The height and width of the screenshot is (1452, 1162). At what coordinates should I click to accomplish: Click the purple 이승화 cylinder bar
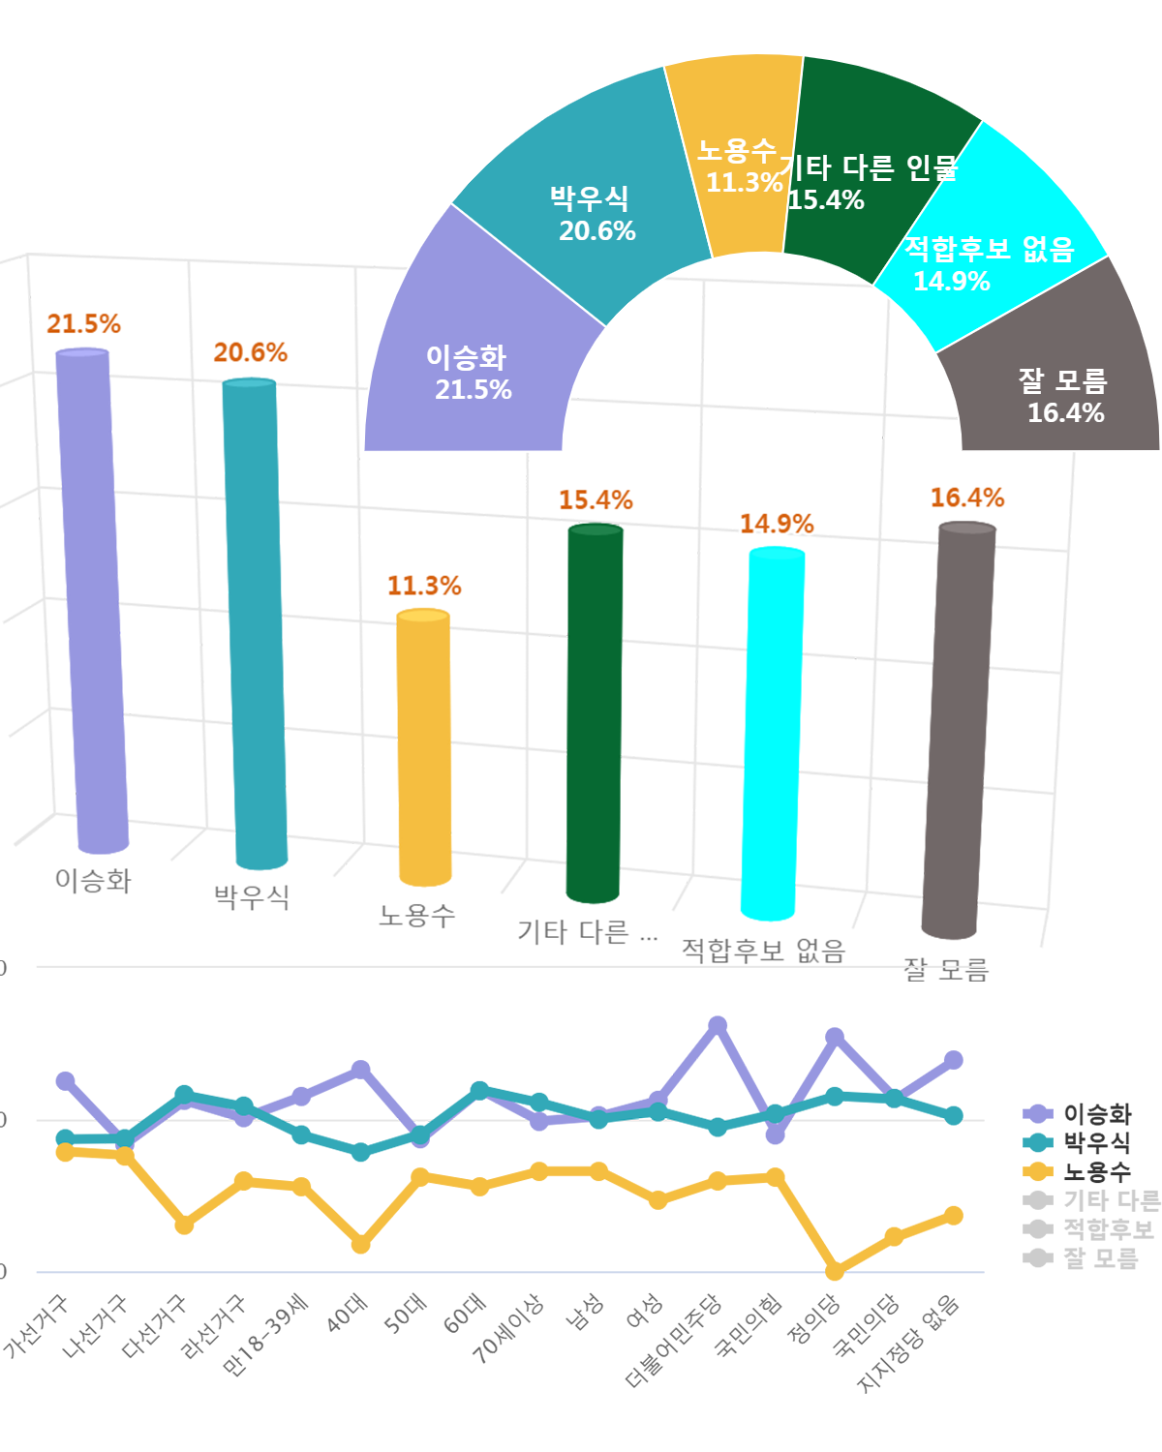[92, 600]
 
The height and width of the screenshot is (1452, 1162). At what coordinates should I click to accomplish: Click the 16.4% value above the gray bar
[966, 498]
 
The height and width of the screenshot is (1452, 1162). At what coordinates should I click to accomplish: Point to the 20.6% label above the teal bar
[250, 352]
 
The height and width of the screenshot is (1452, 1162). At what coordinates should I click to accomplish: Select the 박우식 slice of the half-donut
[581, 203]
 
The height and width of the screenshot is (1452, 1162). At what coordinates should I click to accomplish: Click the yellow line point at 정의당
[835, 1271]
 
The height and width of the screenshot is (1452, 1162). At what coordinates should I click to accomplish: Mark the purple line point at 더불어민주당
[718, 1026]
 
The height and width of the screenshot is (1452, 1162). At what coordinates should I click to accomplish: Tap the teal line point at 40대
[360, 1152]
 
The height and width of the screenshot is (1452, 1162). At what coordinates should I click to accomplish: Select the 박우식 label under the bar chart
[252, 896]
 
